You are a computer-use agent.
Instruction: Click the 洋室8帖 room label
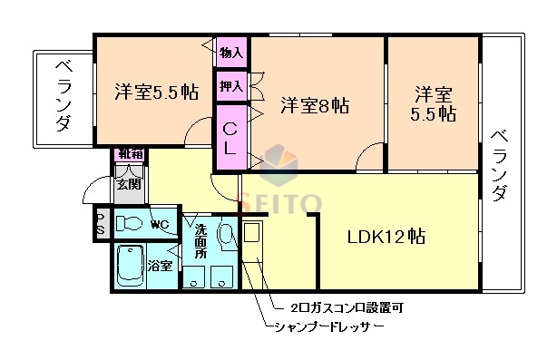(314, 105)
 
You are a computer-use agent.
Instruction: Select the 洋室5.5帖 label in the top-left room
(155, 92)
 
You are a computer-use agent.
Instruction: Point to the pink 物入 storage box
(231, 54)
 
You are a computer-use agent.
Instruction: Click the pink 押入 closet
(231, 87)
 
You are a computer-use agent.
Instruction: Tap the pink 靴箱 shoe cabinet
(128, 154)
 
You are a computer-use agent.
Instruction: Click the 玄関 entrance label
(128, 184)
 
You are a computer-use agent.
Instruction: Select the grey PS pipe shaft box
(100, 224)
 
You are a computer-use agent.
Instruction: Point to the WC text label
(160, 224)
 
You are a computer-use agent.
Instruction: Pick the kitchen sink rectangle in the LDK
(252, 234)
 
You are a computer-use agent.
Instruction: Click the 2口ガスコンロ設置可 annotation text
(346, 306)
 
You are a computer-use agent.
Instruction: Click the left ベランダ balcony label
(62, 96)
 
